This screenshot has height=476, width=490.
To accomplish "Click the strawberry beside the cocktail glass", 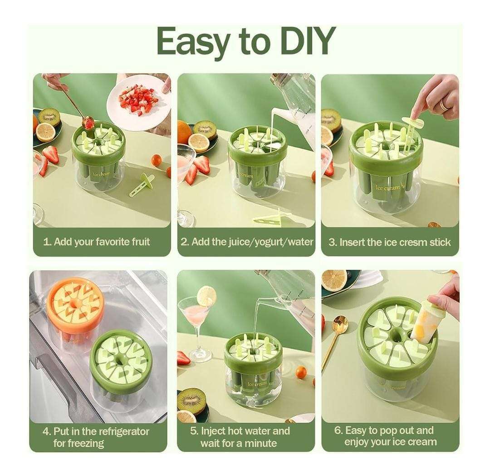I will [x=184, y=358].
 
